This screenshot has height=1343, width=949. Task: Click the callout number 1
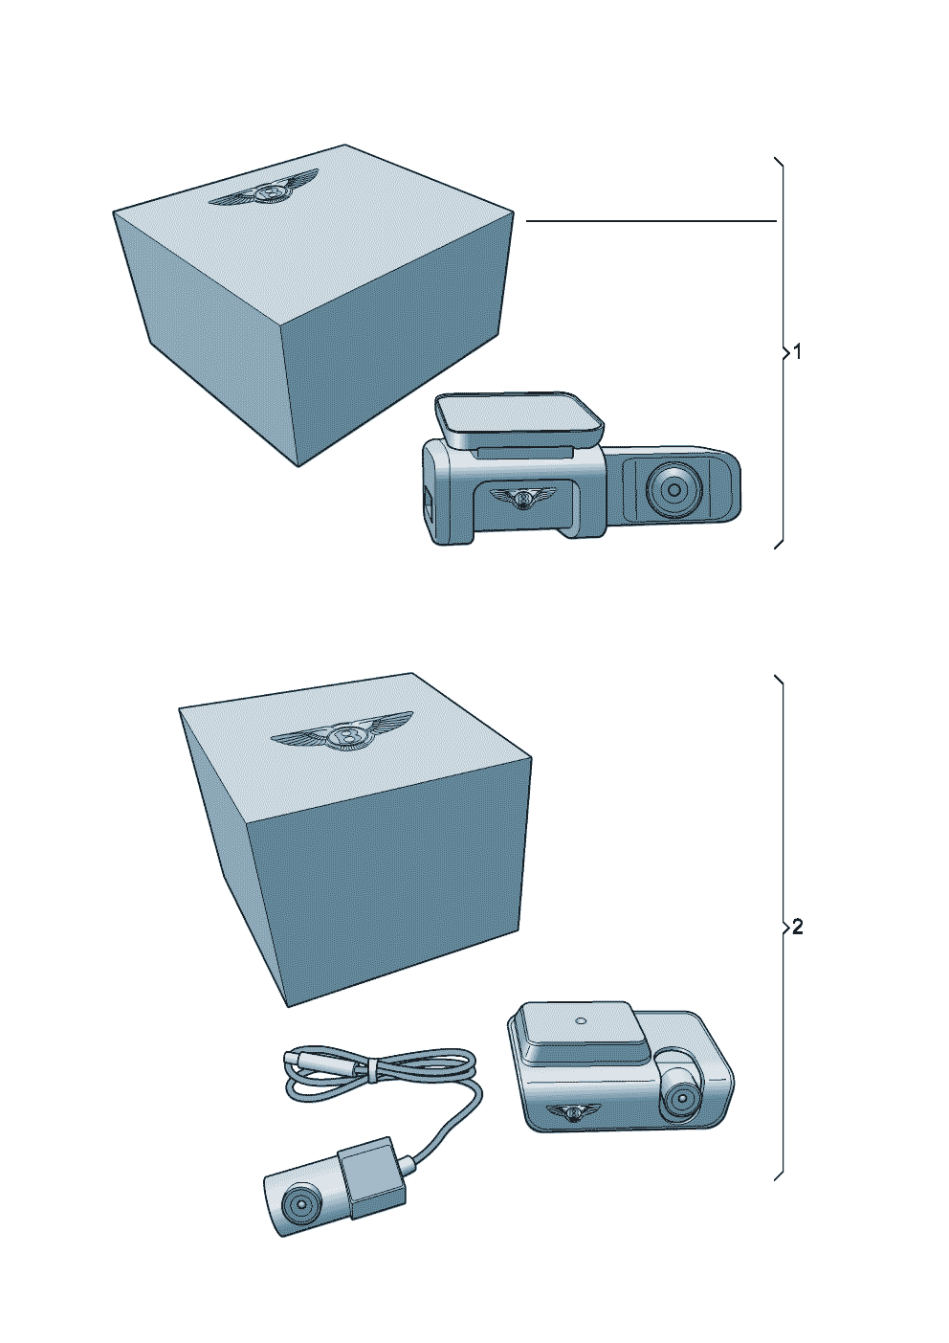tap(798, 352)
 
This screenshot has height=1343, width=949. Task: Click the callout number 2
tap(798, 927)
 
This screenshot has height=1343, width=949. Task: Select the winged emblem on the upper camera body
tap(522, 497)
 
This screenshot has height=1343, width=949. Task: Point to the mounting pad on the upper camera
tap(518, 415)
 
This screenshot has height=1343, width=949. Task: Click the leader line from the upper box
tap(651, 221)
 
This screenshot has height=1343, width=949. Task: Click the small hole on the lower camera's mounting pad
tap(581, 1019)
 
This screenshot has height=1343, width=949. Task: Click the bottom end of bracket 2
tap(776, 1176)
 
